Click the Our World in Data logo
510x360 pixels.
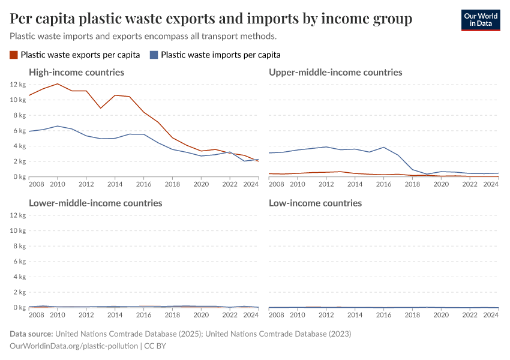click(x=480, y=20)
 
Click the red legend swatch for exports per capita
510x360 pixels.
click(x=14, y=55)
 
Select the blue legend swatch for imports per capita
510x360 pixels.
click(x=154, y=55)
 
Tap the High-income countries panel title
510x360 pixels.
click(x=77, y=72)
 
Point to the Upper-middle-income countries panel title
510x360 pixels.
click(x=335, y=72)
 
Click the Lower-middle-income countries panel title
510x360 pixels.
click(x=95, y=203)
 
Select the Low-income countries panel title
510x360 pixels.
click(x=315, y=203)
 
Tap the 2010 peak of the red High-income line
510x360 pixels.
click(x=58, y=84)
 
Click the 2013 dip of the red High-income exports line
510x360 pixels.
click(x=101, y=108)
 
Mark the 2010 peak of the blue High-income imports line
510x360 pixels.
click(x=58, y=126)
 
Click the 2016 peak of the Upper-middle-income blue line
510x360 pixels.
click(x=384, y=147)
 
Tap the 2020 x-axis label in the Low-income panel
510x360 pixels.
click(x=442, y=315)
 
